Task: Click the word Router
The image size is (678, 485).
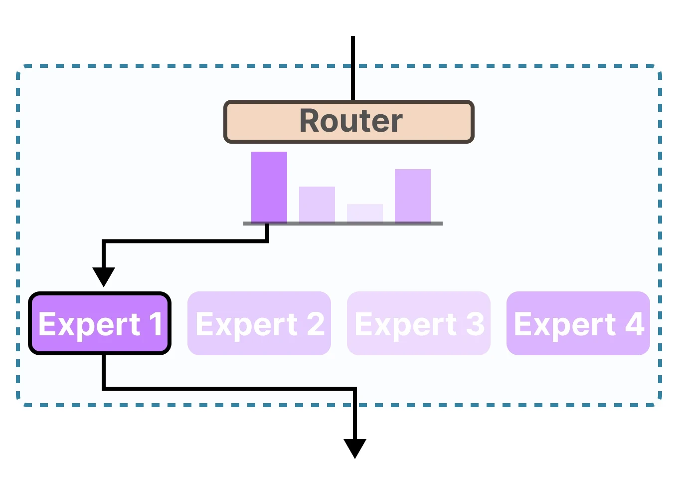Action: tap(350, 121)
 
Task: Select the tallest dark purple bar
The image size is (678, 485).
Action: tap(269, 187)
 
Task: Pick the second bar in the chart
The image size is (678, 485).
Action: tap(317, 205)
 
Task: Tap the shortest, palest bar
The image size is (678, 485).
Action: tap(365, 213)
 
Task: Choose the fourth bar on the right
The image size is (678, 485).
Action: tap(413, 196)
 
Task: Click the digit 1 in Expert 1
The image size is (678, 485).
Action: tap(156, 324)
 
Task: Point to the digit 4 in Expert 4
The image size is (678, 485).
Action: tap(634, 324)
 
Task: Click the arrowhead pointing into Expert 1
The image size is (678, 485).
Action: tap(104, 276)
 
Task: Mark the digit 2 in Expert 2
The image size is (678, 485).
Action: tap(315, 324)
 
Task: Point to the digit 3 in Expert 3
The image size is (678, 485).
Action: tap(475, 324)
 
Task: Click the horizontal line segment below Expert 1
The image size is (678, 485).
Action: tap(229, 388)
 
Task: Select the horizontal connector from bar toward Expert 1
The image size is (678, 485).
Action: tap(184, 242)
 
